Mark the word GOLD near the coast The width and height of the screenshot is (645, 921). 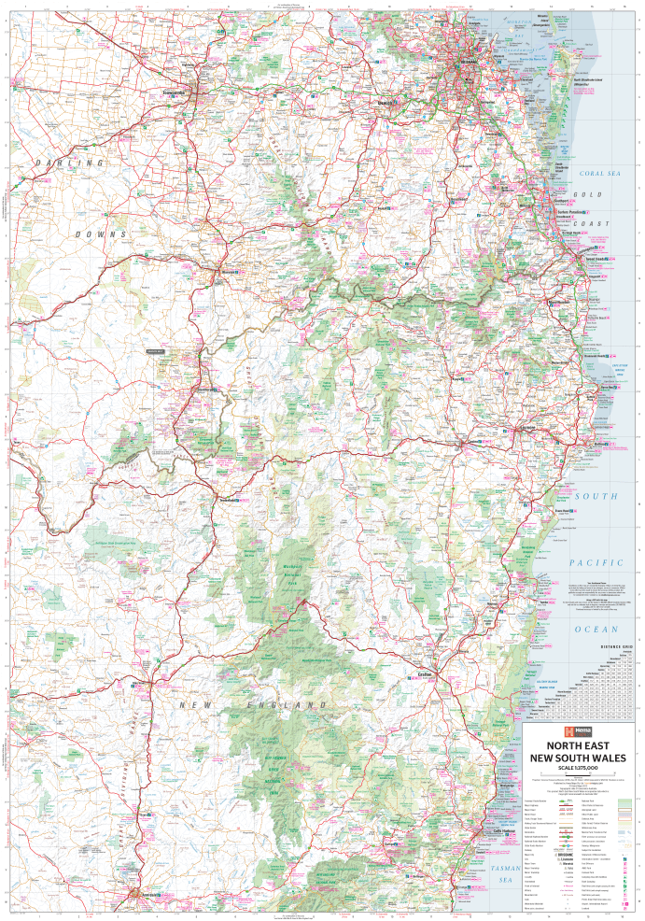tap(584, 193)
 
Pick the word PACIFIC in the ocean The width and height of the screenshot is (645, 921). tap(596, 562)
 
